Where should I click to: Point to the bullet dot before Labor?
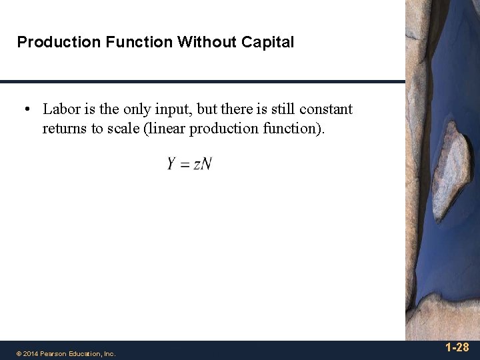[29, 109]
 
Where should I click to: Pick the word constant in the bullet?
[326, 109]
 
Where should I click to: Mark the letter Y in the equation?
[171, 163]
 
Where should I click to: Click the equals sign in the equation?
[185, 165]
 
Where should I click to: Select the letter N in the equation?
[206, 163]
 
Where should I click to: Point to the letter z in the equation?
[197, 165]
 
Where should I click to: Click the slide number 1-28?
[457, 347]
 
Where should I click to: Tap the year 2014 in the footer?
[30, 354]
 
